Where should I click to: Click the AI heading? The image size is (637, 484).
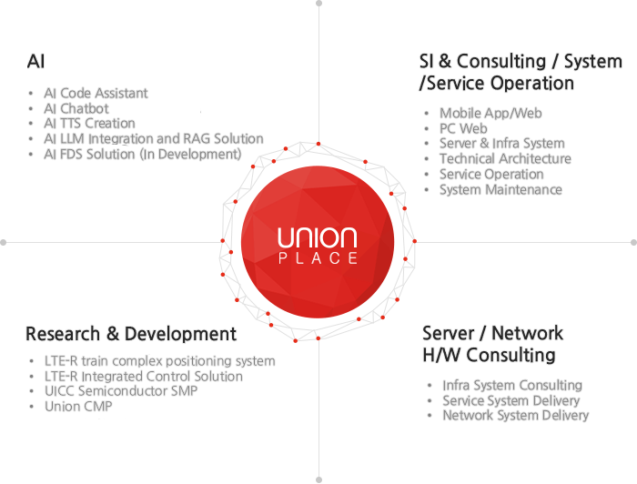tap(36, 62)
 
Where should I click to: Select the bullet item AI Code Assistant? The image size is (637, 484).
tap(96, 93)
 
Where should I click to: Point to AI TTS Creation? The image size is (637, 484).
tap(89, 124)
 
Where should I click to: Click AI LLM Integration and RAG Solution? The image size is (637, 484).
tap(153, 139)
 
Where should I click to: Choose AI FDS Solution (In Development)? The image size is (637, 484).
tap(142, 155)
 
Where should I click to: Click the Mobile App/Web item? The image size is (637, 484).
tap(490, 114)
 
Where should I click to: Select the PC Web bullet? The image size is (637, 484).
tap(463, 129)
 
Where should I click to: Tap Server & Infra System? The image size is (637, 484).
tap(501, 144)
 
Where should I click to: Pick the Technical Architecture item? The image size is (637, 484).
tap(505, 159)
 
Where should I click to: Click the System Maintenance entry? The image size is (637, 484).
tap(500, 190)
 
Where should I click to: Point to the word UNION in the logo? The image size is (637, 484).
tap(318, 239)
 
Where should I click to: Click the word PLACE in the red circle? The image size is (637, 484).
tap(318, 258)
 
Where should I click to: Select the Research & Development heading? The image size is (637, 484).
tap(131, 334)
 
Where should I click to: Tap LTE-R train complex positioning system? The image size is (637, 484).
tap(159, 361)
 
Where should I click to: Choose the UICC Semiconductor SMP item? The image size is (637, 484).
tap(121, 391)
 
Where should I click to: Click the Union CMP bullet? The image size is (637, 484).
tap(78, 407)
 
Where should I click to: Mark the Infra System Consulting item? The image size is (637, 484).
tap(511, 386)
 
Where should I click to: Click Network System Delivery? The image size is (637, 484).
tap(515, 416)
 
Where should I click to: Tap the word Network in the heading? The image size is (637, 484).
tap(529, 333)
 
